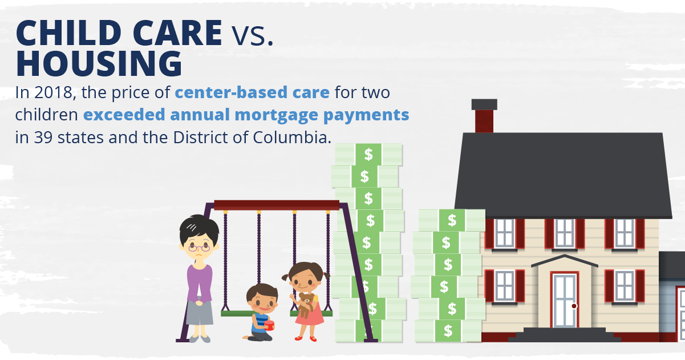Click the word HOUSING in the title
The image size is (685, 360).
click(x=99, y=64)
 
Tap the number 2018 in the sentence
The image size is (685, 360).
click(x=53, y=92)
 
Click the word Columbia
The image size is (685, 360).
click(x=292, y=137)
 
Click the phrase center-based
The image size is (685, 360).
click(x=231, y=92)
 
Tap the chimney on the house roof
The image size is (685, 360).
click(x=484, y=116)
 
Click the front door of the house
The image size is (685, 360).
click(x=565, y=300)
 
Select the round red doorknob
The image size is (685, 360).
click(x=574, y=306)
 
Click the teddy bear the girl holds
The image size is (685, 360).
click(x=306, y=305)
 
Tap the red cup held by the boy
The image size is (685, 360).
click(x=269, y=325)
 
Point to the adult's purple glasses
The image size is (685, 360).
click(x=199, y=248)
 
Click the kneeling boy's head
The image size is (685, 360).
click(x=262, y=298)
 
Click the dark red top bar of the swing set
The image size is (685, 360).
click(x=277, y=205)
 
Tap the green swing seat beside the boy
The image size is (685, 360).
click(x=237, y=314)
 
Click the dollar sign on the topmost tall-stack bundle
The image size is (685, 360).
click(x=368, y=155)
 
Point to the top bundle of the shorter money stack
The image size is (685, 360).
click(x=452, y=220)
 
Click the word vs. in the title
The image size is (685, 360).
click(x=252, y=36)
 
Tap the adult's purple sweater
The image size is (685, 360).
click(x=199, y=283)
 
